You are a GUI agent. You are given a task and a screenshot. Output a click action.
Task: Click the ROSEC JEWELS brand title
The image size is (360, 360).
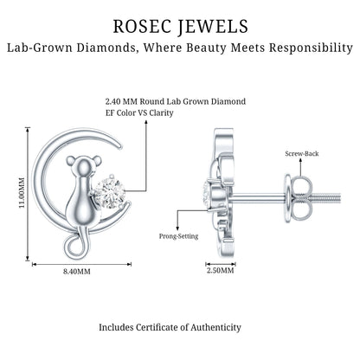click(x=180, y=27)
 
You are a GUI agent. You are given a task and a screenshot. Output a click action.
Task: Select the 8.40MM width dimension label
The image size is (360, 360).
click(x=77, y=272)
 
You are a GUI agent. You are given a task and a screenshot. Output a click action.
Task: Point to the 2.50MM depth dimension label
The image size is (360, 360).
click(x=221, y=271)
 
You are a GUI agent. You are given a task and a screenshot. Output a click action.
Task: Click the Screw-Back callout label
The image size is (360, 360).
click(x=302, y=153)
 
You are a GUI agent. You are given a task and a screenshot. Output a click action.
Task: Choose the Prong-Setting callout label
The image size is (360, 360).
click(x=179, y=236)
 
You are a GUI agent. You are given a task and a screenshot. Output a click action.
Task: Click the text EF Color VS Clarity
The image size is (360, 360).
click(x=139, y=112)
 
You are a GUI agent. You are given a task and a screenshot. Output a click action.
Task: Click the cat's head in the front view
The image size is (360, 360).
click(x=84, y=166)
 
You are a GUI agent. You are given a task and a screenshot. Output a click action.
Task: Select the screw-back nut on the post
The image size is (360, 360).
click(x=299, y=199)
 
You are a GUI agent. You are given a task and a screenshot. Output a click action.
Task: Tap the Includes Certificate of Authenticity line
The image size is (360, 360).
click(x=170, y=327)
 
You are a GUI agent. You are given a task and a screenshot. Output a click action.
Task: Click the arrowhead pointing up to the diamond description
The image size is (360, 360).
click(x=146, y=122)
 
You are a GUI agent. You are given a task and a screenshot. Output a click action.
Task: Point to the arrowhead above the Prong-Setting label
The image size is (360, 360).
click(x=177, y=228)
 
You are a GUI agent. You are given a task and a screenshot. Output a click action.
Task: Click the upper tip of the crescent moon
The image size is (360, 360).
click(x=120, y=146)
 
